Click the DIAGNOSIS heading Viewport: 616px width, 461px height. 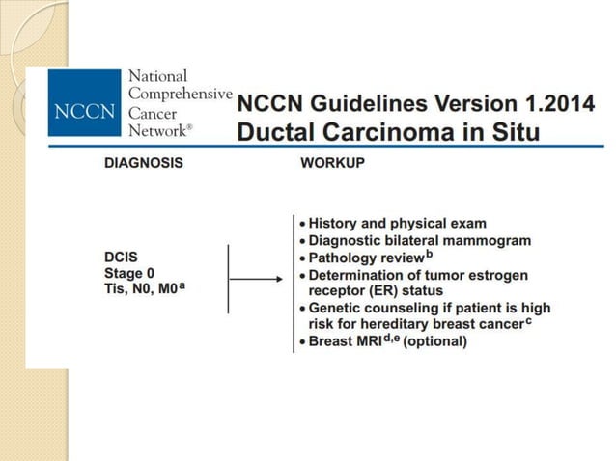(x=143, y=163)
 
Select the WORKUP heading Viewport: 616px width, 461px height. (x=332, y=163)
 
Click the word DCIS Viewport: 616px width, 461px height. (x=121, y=257)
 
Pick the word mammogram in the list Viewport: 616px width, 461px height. (x=480, y=241)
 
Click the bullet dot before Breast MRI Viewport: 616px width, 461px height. (x=302, y=341)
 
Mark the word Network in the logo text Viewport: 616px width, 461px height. (x=160, y=130)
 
